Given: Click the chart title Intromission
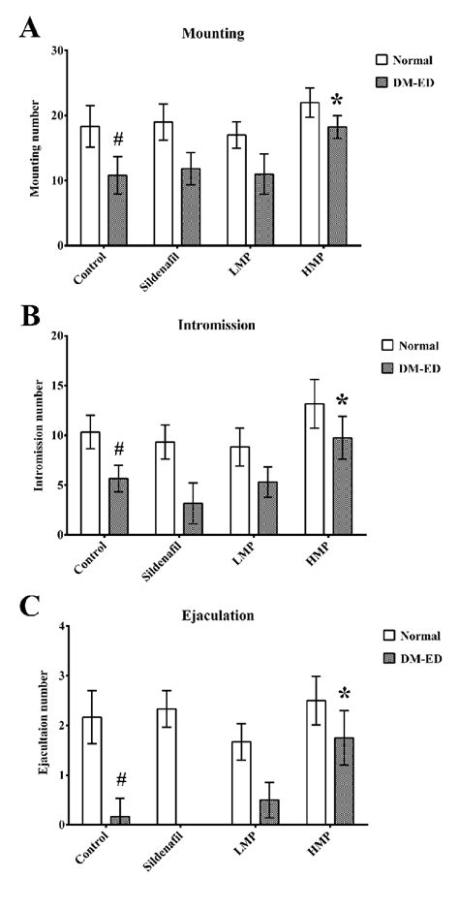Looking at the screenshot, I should coord(217,325).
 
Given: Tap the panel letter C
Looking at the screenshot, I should coord(29,608).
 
